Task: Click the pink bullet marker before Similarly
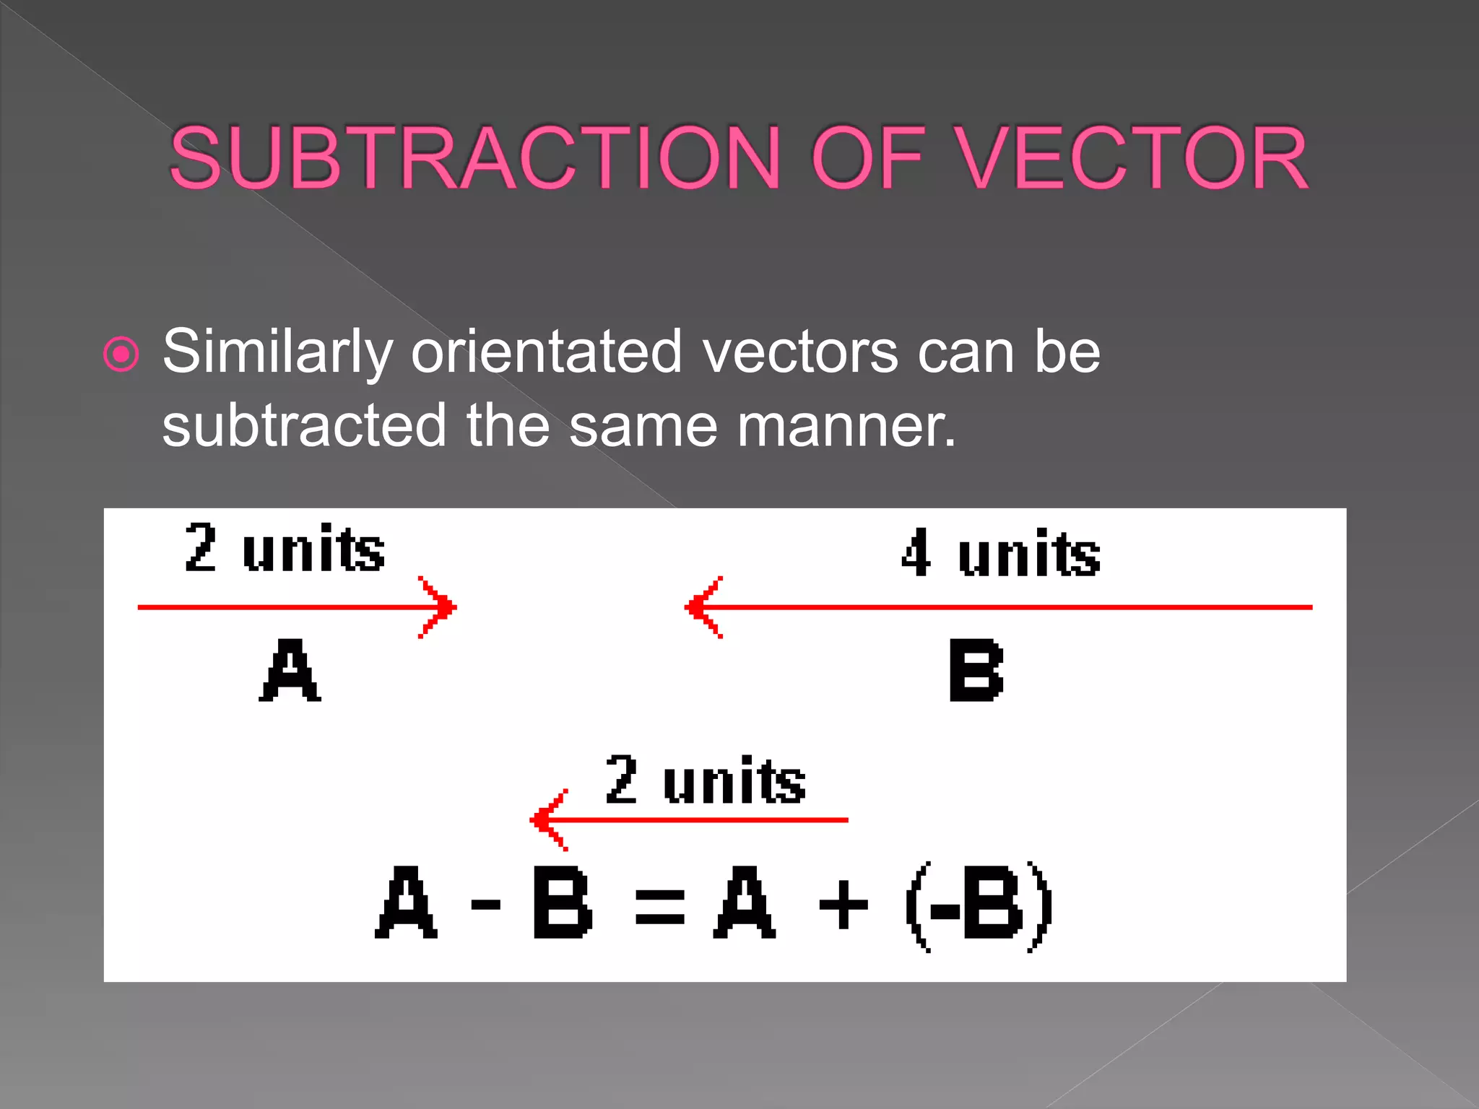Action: (121, 355)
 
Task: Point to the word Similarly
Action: (277, 352)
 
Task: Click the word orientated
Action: (546, 352)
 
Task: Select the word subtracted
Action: (304, 426)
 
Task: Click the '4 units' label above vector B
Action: (1000, 553)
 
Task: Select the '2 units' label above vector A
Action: (285, 549)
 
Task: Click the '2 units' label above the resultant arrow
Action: (705, 780)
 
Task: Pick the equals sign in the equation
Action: (659, 907)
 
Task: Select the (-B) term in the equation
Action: (979, 905)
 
